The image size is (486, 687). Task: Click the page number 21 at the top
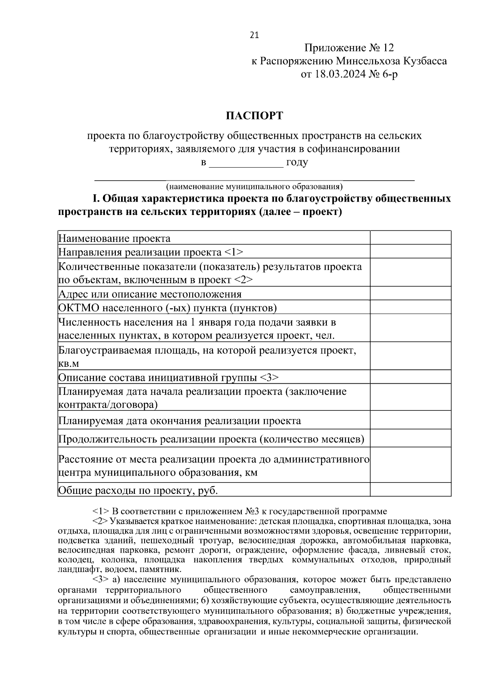click(x=254, y=35)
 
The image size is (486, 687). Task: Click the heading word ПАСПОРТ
click(x=254, y=116)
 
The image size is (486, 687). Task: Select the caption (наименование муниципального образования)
click(x=254, y=187)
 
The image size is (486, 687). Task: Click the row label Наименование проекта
click(x=115, y=238)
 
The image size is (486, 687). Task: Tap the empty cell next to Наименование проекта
click(x=410, y=238)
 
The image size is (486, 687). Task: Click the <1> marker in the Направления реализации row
click(x=233, y=252)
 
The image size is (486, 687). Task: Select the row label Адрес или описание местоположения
click(x=150, y=294)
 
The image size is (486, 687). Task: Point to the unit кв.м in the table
click(x=68, y=364)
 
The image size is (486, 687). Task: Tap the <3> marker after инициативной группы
click(x=269, y=377)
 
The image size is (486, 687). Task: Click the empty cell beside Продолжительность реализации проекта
click(x=410, y=438)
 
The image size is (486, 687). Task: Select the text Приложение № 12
click(x=349, y=48)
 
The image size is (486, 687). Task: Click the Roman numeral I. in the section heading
click(x=96, y=199)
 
